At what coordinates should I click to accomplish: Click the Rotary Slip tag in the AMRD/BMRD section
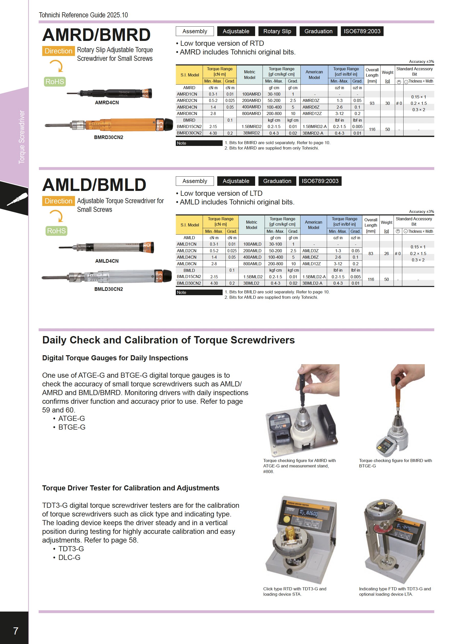pos(277,31)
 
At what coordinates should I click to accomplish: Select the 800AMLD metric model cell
pos(252,264)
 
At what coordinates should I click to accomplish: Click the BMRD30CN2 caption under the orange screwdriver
pos(108,137)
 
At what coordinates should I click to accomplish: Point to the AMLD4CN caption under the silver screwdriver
pos(107,261)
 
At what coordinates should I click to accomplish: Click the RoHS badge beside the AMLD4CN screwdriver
pos(56,231)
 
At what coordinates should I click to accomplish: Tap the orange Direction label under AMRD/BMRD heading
pos(58,51)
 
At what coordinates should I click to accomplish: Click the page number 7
pos(16,631)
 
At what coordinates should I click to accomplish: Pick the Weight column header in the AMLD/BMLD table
pos(386,222)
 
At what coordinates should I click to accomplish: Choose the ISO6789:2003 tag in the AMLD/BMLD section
pos(320,181)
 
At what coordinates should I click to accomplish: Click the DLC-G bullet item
pos(69,557)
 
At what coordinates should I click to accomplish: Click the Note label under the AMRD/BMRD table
pos(181,143)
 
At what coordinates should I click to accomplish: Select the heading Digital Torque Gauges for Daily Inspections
pos(115,358)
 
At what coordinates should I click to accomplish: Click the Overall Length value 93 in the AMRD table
pos(372,103)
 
